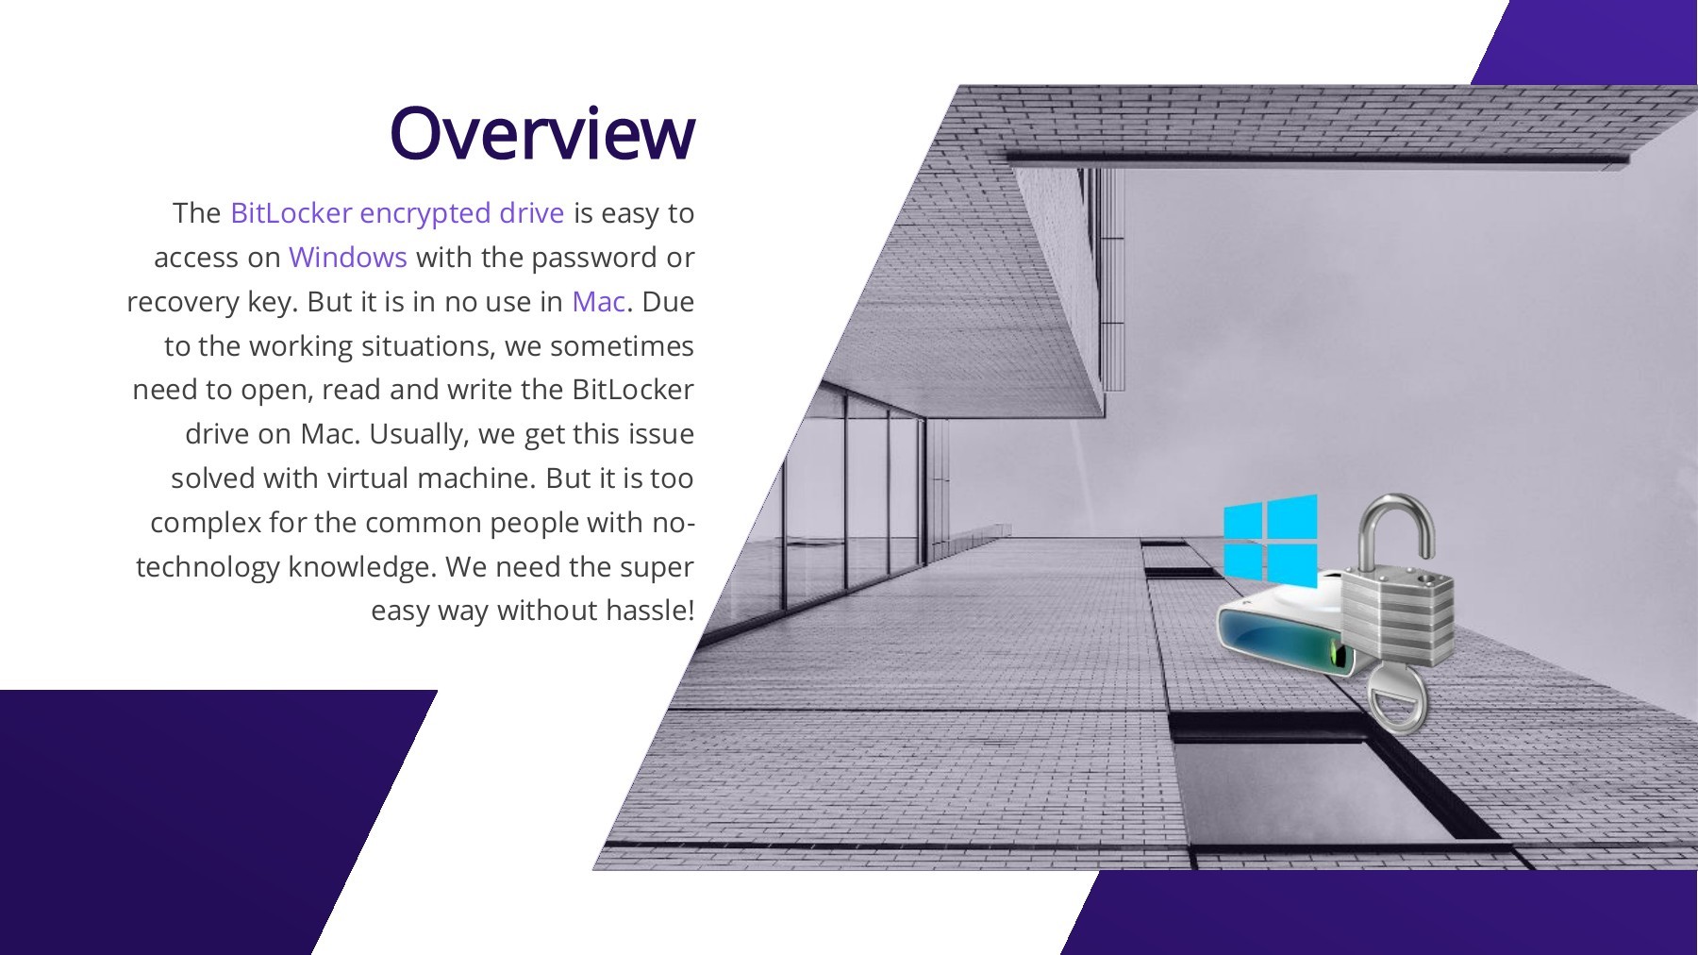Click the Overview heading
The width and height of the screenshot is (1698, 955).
[541, 133]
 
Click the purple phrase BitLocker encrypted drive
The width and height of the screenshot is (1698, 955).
[396, 213]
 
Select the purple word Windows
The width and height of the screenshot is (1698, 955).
[347, 258]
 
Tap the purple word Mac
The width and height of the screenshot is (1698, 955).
[598, 302]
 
